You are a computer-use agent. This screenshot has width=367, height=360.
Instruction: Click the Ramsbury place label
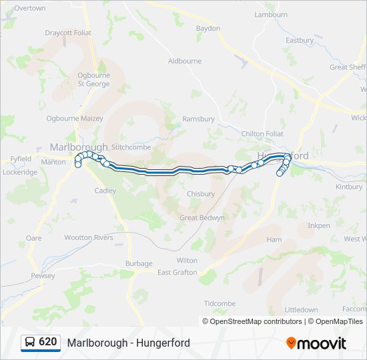point(198,119)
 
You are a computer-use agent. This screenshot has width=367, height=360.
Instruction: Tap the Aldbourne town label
point(185,61)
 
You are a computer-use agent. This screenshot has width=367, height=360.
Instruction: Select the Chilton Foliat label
point(262,134)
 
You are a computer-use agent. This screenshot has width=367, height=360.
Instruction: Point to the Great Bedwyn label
point(202,218)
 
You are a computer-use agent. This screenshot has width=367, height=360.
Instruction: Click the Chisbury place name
point(201,195)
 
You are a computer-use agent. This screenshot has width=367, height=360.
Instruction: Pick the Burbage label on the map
point(139,264)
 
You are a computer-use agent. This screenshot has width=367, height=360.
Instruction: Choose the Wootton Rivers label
point(89,237)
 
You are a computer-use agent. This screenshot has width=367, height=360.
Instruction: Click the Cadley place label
point(105,191)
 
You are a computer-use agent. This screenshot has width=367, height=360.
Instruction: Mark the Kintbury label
point(349,187)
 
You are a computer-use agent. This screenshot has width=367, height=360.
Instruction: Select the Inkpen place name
point(319,226)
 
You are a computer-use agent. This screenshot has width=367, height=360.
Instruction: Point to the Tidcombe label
point(220,304)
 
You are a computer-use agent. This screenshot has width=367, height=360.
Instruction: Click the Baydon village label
point(208,29)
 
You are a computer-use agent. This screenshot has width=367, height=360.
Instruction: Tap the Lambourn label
point(271,15)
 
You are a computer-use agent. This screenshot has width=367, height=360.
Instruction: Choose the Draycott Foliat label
point(68,33)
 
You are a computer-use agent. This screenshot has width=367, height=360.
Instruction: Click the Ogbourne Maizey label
point(75,119)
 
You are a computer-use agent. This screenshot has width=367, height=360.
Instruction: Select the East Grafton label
point(177,273)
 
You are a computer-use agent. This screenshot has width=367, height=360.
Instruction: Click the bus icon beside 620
point(30,342)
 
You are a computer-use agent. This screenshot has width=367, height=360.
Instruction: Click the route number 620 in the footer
point(48,342)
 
